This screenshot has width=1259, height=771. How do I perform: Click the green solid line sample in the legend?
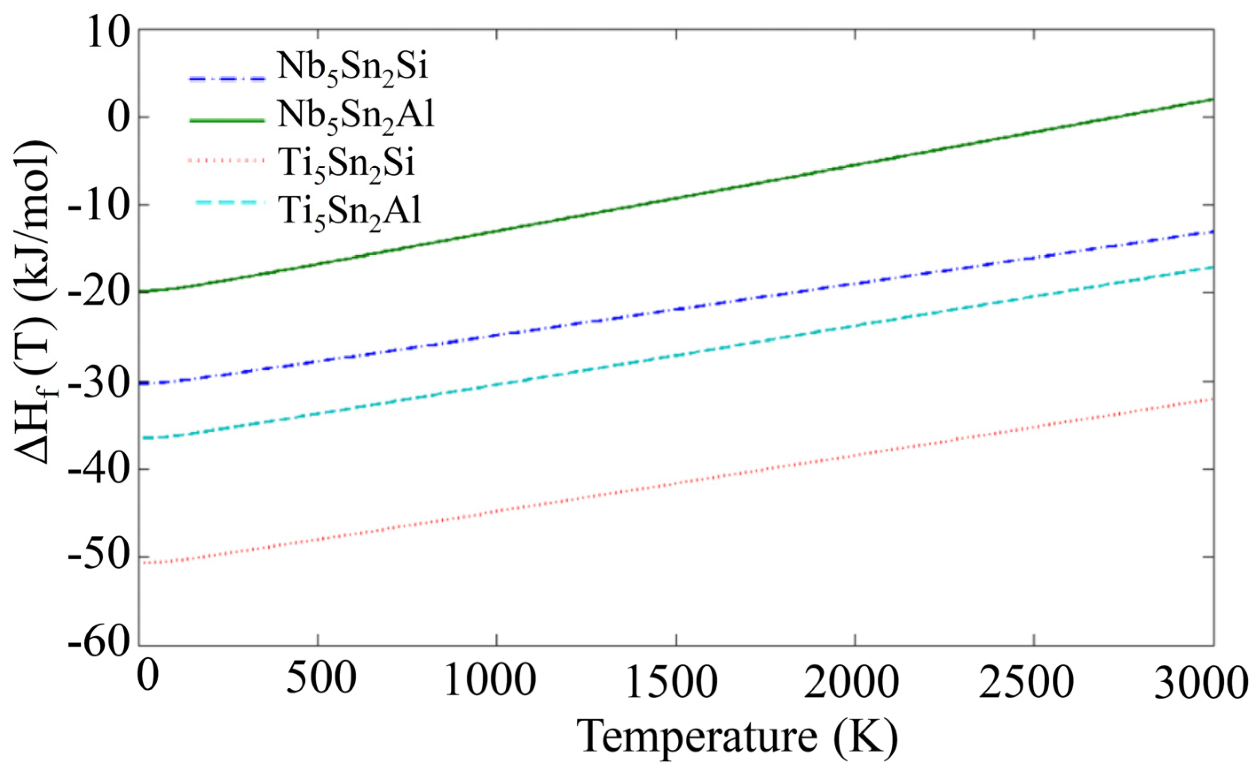coord(226,120)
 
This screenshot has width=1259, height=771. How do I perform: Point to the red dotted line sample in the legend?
coord(226,161)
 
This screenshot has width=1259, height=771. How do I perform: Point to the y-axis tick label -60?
coord(101,645)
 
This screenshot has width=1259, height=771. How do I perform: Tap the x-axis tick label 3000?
coord(1206,685)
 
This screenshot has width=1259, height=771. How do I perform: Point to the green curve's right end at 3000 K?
coord(1212,99)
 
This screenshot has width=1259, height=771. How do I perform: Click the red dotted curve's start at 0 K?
coord(141,562)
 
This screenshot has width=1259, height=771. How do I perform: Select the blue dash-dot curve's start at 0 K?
coord(141,383)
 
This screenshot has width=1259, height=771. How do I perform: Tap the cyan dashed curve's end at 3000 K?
coord(1212,267)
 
